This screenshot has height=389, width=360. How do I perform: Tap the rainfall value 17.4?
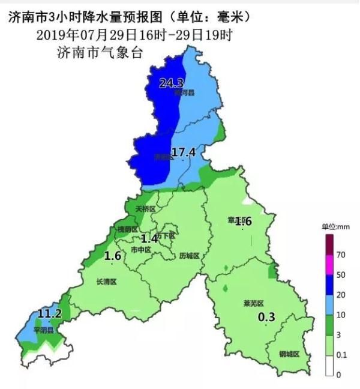pyautogui.click(x=184, y=152)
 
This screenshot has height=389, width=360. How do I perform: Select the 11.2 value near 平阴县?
pyautogui.click(x=49, y=313)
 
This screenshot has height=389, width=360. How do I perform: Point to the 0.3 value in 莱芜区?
pyautogui.click(x=266, y=317)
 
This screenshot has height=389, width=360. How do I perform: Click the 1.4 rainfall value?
pyautogui.click(x=149, y=238)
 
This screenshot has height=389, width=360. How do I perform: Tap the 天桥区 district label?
pyautogui.click(x=145, y=209)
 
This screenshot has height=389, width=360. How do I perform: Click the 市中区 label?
pyautogui.click(x=141, y=250)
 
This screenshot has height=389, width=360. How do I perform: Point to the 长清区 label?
pyautogui.click(x=106, y=281)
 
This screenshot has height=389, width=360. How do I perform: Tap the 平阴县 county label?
pyautogui.click(x=43, y=330)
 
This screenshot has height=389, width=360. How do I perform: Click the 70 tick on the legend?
pyautogui.click(x=341, y=255)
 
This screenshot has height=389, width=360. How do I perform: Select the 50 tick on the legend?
pyautogui.click(x=341, y=275)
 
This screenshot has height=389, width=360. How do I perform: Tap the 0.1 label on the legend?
pyautogui.click(x=342, y=355)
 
